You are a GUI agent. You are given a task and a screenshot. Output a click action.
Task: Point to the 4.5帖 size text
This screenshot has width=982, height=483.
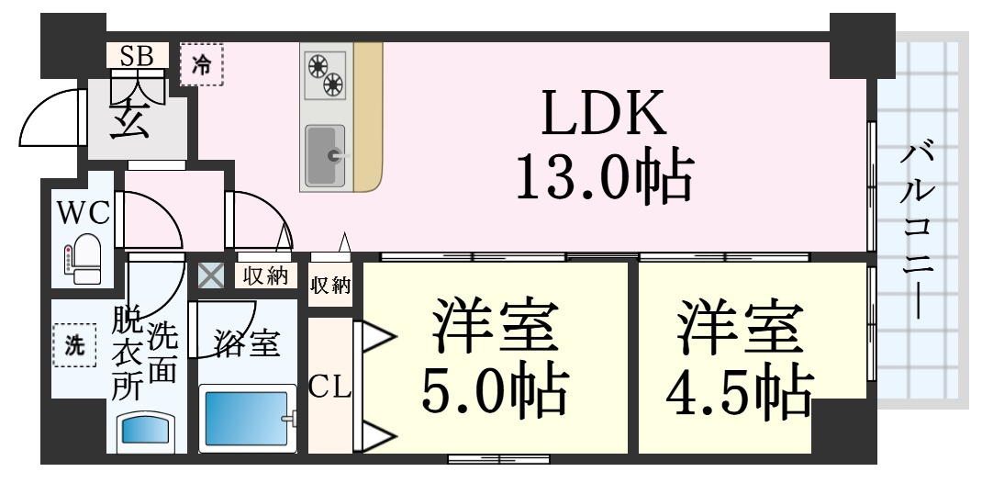(739, 393)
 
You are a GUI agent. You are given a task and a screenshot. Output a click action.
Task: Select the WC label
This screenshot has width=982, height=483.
(84, 213)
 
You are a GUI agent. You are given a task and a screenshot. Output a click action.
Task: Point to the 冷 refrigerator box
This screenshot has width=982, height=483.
(201, 64)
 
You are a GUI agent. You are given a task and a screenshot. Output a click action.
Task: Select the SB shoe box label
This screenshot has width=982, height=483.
(136, 55)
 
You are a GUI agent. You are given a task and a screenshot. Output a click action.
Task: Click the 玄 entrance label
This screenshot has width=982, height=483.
(129, 119)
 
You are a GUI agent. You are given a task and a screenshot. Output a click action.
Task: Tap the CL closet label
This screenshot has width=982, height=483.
(329, 388)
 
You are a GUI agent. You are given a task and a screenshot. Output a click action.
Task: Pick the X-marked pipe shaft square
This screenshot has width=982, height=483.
(210, 275)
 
